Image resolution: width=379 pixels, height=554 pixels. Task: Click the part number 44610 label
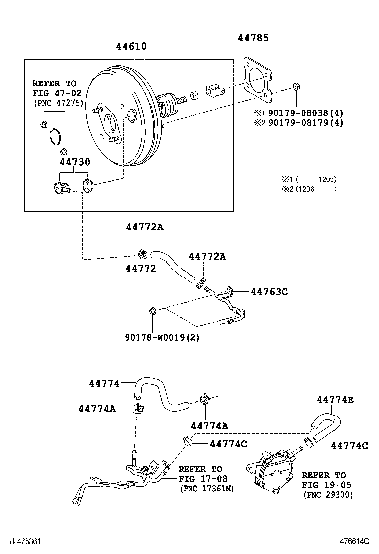(x=131, y=46)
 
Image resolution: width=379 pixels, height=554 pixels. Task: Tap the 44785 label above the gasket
(x=253, y=38)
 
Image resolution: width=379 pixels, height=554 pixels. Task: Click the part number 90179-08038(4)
(x=306, y=113)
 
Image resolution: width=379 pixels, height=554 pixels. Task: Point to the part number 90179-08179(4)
(x=306, y=123)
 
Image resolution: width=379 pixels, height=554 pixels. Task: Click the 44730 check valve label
(x=75, y=162)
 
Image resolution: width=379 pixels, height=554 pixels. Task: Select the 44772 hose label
(x=140, y=269)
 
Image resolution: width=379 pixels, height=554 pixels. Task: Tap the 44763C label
(x=269, y=292)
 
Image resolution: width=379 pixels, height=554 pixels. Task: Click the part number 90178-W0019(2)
(x=162, y=337)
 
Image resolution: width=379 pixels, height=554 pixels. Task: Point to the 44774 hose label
(x=104, y=383)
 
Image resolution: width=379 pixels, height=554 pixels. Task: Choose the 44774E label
(x=335, y=400)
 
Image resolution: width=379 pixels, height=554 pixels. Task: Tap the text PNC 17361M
(x=207, y=489)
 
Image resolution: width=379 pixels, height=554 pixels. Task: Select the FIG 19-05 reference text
(x=326, y=485)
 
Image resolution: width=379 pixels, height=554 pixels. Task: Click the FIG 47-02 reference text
(x=57, y=93)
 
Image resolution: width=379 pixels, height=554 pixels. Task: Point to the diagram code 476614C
(x=355, y=541)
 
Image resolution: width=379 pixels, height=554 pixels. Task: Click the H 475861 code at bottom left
(x=25, y=541)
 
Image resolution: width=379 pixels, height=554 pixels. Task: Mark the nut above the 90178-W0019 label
(x=153, y=311)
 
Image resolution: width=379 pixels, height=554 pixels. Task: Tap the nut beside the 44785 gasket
(x=296, y=86)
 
